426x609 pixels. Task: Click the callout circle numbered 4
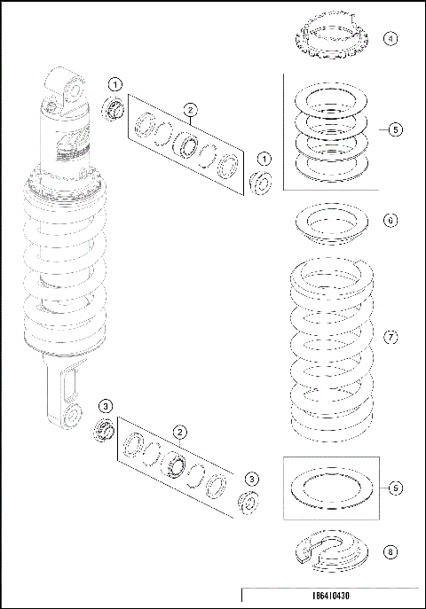(390, 39)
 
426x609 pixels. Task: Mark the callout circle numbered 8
(390, 550)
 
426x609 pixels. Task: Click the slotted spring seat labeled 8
(331, 550)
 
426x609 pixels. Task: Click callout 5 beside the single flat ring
(395, 488)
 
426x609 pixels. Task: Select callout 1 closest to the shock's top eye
(115, 84)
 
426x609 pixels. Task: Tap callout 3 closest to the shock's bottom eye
(106, 405)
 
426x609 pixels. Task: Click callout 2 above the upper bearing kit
(189, 110)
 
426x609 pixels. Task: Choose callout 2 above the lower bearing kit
(179, 432)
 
